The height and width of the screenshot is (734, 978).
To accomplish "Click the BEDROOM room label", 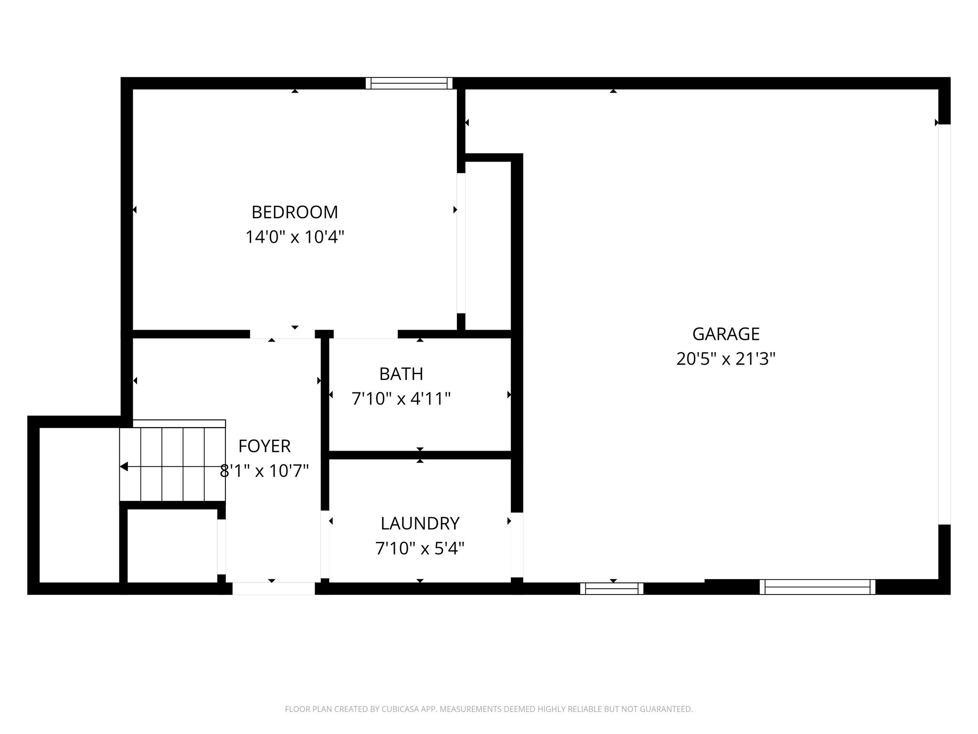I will click(x=295, y=212).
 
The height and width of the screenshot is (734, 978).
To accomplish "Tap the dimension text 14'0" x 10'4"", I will click(x=295, y=237).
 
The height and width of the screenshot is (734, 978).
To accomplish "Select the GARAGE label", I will click(x=725, y=334).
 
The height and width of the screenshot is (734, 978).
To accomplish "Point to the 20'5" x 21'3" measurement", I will click(x=725, y=359).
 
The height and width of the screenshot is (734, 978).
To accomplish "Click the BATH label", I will click(x=401, y=374).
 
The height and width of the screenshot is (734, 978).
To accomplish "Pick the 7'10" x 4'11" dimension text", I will click(x=401, y=399).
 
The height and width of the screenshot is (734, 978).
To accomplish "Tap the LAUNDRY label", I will click(x=420, y=524).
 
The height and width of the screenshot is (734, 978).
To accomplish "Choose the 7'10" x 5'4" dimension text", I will click(x=420, y=549).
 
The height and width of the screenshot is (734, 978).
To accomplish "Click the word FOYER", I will click(x=264, y=446).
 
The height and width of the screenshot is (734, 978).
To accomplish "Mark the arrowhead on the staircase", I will click(x=124, y=467).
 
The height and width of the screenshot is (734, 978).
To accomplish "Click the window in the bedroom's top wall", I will click(x=409, y=84).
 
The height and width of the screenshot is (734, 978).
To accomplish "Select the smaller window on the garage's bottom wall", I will click(x=611, y=589).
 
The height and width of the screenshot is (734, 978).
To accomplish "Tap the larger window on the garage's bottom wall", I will click(x=817, y=587).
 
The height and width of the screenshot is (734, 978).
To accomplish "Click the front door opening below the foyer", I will click(x=273, y=588).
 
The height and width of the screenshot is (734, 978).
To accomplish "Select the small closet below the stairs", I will click(x=172, y=546).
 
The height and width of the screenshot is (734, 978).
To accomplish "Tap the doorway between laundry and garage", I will click(x=517, y=545).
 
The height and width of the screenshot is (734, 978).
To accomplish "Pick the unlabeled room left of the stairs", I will click(x=79, y=505).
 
